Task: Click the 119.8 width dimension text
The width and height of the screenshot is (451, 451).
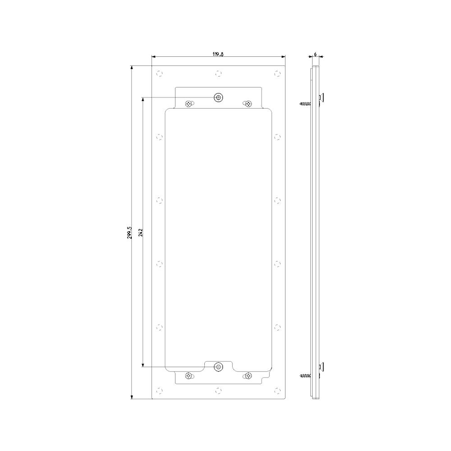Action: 218,54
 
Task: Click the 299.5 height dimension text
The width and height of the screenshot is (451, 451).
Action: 129,232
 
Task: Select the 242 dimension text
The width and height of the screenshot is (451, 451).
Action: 141,232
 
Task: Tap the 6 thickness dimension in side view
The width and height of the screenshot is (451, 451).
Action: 315,54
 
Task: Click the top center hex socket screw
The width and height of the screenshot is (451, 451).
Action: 219,98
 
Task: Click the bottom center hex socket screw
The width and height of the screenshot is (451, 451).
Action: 219,367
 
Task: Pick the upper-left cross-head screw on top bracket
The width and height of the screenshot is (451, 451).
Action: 189,104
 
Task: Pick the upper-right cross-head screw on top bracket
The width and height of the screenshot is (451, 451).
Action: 249,104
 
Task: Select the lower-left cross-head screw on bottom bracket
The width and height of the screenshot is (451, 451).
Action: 189,376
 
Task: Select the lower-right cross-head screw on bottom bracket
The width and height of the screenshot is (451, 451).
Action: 249,376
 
